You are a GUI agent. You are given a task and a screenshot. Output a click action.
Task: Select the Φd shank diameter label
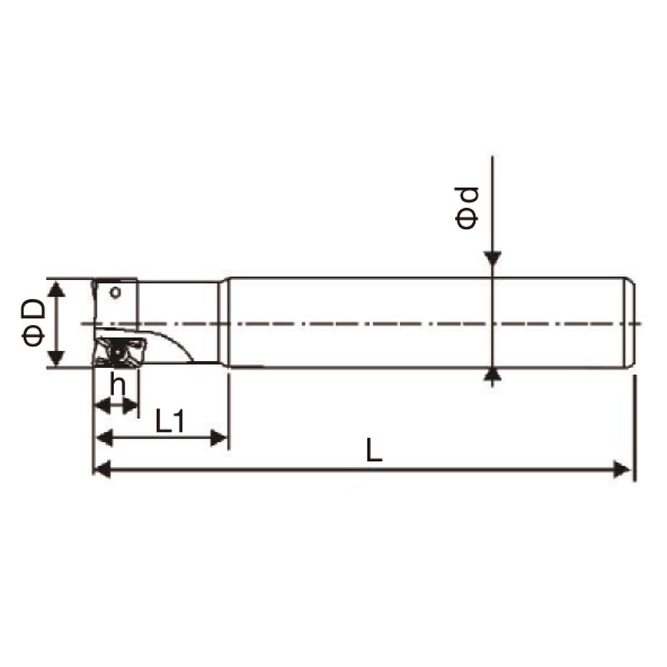coord(467,207)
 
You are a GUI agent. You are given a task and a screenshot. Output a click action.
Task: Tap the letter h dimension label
coord(118,384)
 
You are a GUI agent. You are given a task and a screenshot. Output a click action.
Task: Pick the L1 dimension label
coord(170,421)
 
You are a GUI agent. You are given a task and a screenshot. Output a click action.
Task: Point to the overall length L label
coord(374,451)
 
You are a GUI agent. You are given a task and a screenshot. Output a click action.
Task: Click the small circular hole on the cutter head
coord(115,292)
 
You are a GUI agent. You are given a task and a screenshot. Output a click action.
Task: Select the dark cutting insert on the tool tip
coord(119,351)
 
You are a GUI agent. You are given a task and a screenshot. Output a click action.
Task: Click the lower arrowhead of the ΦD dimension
coord(57,358)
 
